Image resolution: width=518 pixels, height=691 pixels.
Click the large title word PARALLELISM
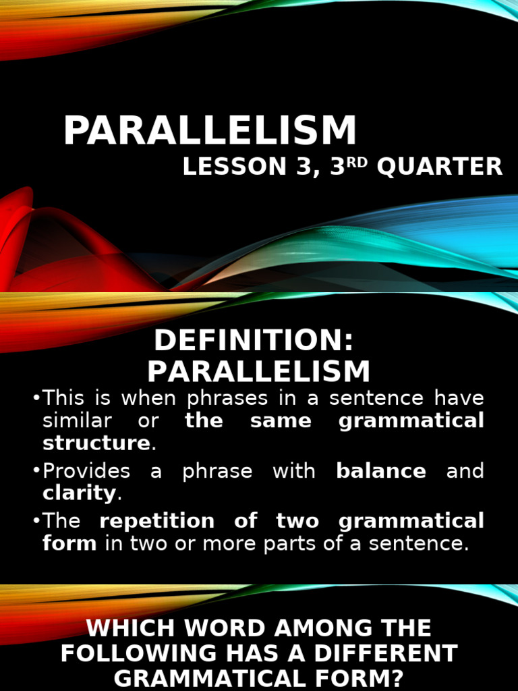click(210, 131)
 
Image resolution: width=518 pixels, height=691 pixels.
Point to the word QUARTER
click(440, 167)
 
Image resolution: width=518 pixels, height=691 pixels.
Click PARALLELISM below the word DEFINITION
click(259, 371)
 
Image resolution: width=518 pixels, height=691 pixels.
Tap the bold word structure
click(96, 443)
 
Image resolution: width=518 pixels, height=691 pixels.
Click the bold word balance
click(380, 470)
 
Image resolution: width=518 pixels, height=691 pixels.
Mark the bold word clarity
click(79, 493)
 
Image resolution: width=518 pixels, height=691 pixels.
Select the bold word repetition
click(157, 521)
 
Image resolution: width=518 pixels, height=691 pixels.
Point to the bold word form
click(69, 543)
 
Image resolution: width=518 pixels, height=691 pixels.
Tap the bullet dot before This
click(36, 399)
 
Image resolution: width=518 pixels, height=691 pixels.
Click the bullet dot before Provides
click(36, 471)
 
